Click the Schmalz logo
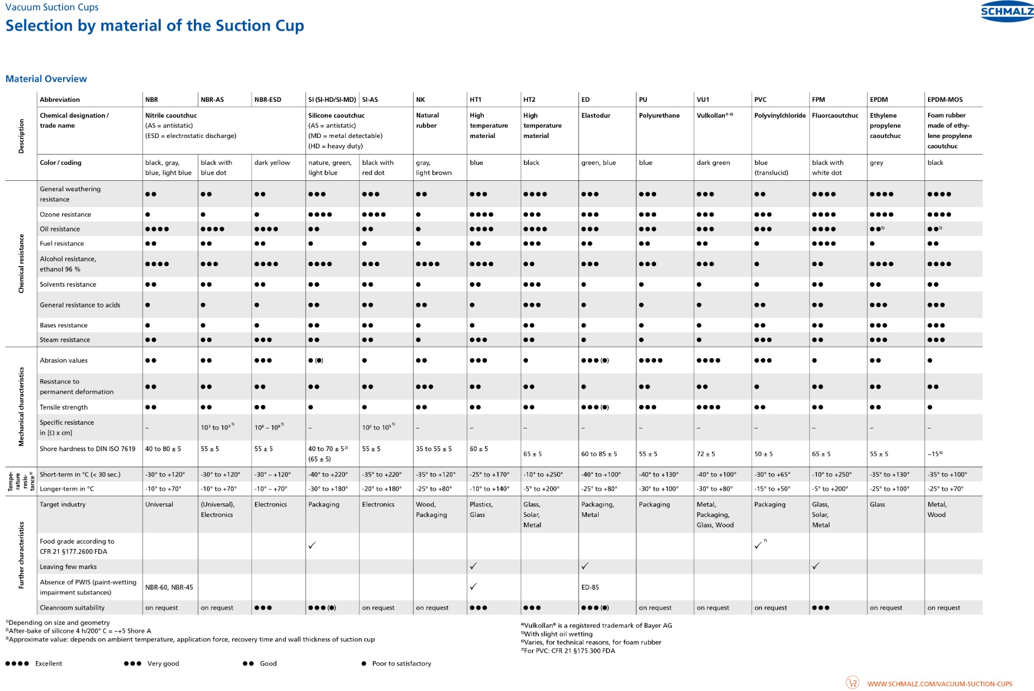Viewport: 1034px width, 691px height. tap(1007, 11)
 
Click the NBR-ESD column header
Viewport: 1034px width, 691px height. tap(268, 100)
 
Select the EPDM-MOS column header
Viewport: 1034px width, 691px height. tap(945, 100)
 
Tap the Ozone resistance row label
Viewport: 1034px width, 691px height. tap(65, 214)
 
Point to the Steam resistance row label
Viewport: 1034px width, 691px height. tap(65, 340)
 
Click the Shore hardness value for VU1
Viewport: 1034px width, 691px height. tap(706, 454)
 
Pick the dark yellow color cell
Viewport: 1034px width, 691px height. tap(272, 163)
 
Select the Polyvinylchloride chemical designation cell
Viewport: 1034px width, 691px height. tap(780, 116)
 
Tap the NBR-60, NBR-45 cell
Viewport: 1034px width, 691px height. tap(169, 588)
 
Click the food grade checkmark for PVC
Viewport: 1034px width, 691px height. tap(758, 546)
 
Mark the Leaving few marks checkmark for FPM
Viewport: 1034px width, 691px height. tap(816, 566)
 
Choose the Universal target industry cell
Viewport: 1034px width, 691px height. tap(159, 505)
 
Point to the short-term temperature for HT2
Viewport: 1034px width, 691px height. tap(542, 474)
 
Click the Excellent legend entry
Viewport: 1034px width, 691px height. tap(49, 664)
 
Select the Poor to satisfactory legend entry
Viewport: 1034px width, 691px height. tap(401, 664)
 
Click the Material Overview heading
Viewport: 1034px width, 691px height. tap(46, 79)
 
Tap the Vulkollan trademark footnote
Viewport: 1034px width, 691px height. tap(598, 626)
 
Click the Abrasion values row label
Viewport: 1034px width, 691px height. tap(64, 361)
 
